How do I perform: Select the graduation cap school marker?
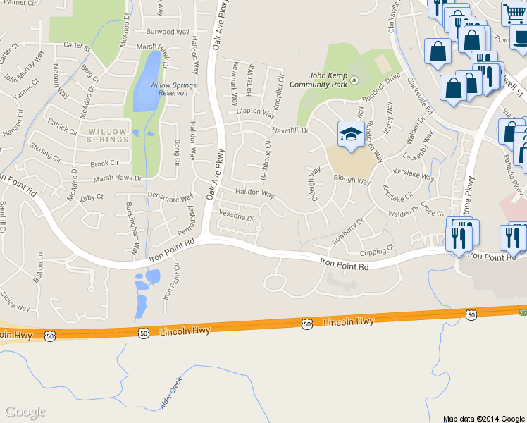point(349,133)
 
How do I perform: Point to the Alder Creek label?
point(170,393)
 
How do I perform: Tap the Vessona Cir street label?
point(237,218)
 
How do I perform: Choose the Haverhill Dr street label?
point(290,130)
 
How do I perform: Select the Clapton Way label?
point(256,111)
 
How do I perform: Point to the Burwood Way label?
point(167,32)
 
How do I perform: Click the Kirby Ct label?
point(92,197)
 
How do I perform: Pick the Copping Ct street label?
point(376,252)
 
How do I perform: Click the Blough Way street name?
point(352,180)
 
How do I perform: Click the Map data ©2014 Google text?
point(484,418)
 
